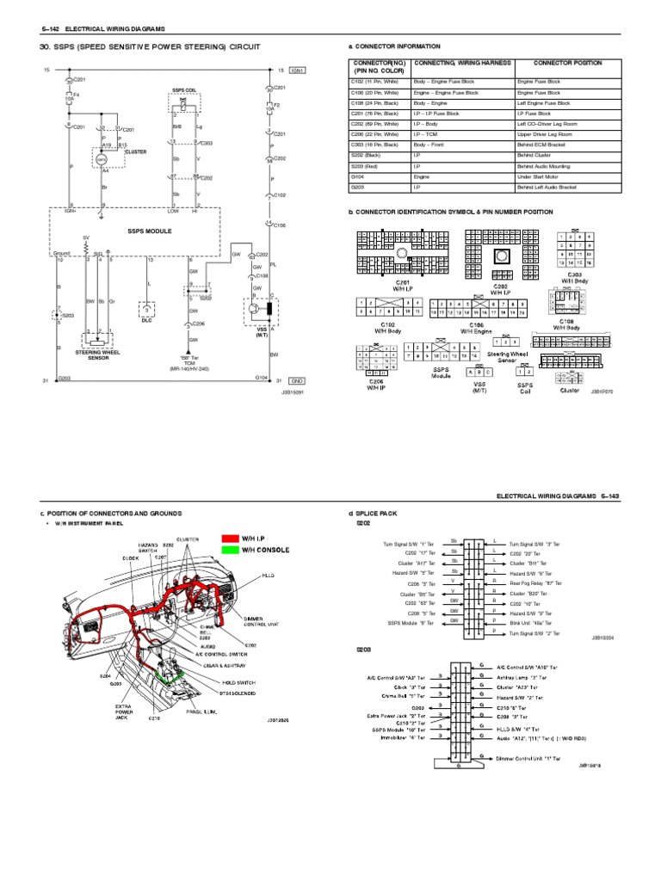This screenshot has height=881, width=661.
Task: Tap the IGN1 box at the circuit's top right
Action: [x=296, y=70]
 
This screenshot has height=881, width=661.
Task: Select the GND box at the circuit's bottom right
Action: [x=296, y=379]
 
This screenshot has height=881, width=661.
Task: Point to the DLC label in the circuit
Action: [x=146, y=319]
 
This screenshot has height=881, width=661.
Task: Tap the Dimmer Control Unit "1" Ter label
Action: [x=528, y=759]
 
